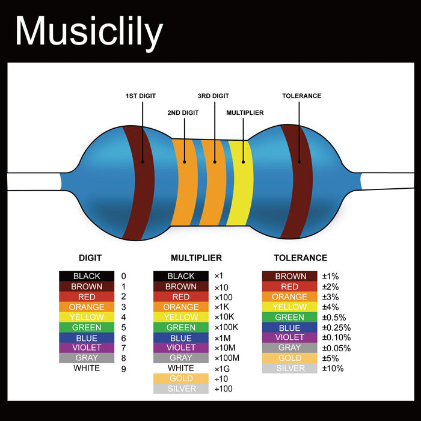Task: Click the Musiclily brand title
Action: (89, 31)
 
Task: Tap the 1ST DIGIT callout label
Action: (141, 96)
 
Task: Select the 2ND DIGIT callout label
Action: (183, 112)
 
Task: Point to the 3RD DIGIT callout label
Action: (213, 96)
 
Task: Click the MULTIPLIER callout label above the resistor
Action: (245, 112)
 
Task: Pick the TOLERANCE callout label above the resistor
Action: (301, 96)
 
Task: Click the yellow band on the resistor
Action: (239, 182)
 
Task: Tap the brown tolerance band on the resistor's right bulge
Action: (297, 180)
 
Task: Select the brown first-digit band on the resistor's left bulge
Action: (140, 180)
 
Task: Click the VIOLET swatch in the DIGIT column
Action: (87, 348)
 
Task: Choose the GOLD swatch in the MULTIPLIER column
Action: (181, 378)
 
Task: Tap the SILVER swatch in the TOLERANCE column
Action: (290, 368)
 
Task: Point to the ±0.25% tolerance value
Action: (336, 327)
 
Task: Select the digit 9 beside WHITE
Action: (124, 369)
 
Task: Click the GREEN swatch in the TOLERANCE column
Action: (290, 317)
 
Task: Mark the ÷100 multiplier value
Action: (223, 389)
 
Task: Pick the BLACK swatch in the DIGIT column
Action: (87, 276)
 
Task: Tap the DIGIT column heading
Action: (90, 258)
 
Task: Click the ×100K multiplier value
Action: (227, 327)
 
